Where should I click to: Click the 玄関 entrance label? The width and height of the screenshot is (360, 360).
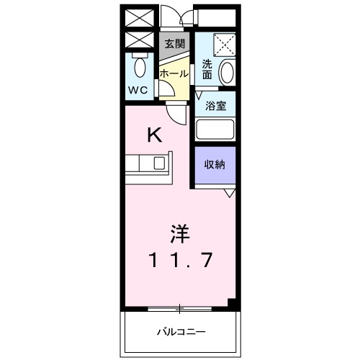[174, 43]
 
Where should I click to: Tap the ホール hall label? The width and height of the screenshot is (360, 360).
[174, 73]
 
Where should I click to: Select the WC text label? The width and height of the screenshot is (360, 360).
[138, 90]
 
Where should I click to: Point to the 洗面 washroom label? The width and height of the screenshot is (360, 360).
[207, 68]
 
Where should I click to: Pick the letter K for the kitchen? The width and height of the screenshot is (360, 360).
[153, 134]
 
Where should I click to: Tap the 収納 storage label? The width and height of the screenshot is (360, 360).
[215, 164]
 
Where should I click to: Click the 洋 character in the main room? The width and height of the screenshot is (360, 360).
[180, 234]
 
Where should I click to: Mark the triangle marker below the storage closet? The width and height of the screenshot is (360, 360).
[229, 193]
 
